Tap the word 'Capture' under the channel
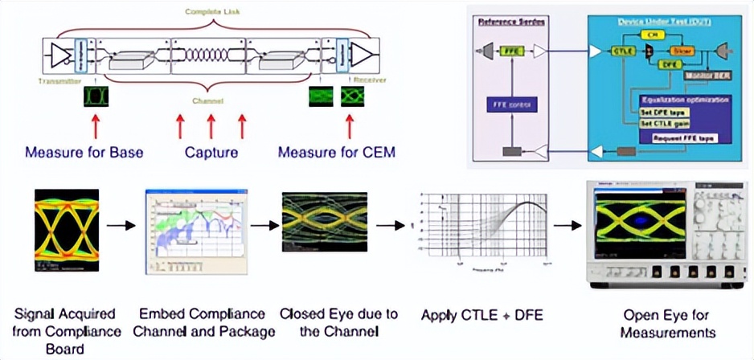pos(211,152)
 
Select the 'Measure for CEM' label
pos(337,152)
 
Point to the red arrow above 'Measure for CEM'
pos(350,127)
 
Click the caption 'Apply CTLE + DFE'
pos(482,315)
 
